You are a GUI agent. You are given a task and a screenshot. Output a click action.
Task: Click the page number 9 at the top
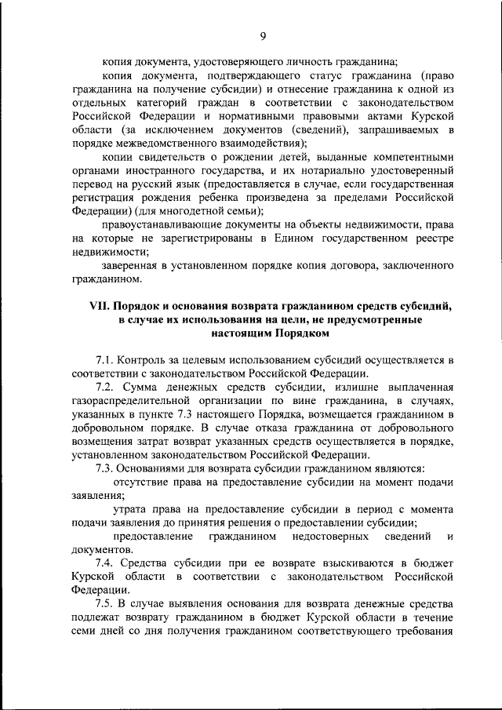pos(264,35)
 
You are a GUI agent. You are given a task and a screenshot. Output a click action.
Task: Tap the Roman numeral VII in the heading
pos(101,306)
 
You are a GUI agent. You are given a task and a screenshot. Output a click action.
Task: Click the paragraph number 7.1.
pos(104,359)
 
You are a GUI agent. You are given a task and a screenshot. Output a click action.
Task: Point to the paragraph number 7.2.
pos(105,388)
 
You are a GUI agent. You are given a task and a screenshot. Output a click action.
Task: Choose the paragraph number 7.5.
pos(105,605)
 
